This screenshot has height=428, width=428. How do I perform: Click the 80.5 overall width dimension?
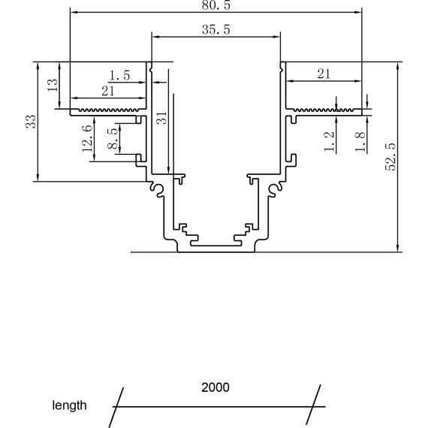214,5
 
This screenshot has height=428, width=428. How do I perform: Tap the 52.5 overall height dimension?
390,156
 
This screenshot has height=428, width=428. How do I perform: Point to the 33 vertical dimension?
30,121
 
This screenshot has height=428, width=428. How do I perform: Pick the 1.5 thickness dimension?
120,75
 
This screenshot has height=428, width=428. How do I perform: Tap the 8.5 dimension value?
112,140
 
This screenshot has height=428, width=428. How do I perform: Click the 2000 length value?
216,388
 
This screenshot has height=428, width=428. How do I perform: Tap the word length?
68,405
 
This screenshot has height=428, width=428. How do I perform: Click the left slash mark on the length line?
117,405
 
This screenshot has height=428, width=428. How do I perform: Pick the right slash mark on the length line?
315,405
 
